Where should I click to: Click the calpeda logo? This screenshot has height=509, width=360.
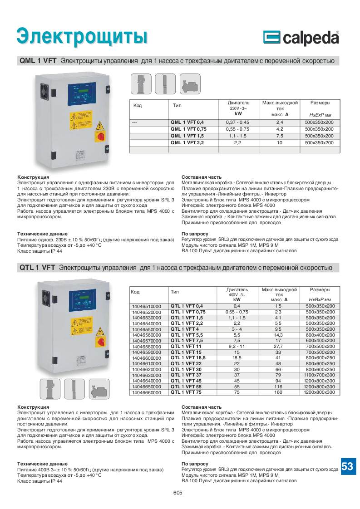[x=301, y=38]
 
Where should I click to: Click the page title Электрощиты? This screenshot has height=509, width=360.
[x=82, y=37]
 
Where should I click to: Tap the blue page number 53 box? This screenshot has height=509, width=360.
[x=347, y=466]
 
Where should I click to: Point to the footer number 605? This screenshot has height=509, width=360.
[x=178, y=493]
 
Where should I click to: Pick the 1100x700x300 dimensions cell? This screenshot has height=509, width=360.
[x=320, y=375]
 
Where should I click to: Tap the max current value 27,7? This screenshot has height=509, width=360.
[x=278, y=347]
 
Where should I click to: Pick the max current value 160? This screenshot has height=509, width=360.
[x=278, y=392]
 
